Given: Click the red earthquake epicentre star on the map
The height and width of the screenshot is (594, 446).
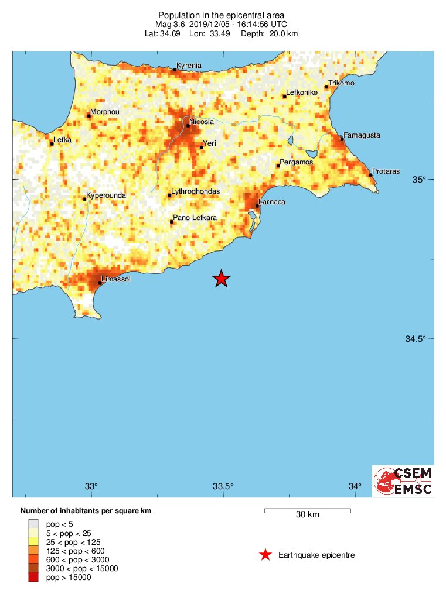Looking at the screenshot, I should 221,279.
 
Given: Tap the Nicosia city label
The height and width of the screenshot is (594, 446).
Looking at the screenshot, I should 202,122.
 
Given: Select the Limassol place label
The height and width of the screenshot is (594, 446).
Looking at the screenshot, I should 115,279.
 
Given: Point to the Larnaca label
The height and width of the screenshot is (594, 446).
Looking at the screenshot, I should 272,202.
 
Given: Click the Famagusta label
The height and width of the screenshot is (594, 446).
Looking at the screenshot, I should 362,135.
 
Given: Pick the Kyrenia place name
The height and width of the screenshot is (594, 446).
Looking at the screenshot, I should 189,66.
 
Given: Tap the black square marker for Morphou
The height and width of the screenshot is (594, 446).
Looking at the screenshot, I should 88,116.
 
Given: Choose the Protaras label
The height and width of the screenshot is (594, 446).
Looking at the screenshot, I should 386,171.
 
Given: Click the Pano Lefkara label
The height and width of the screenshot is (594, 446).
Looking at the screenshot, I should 195,218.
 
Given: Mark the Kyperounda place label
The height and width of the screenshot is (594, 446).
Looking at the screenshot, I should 106,195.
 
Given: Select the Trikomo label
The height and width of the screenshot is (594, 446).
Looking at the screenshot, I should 341,83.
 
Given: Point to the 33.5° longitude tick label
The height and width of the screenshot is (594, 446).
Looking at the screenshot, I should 223,486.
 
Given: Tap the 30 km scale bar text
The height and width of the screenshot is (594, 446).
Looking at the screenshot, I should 307,515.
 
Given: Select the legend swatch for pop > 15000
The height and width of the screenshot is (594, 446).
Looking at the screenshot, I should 34,578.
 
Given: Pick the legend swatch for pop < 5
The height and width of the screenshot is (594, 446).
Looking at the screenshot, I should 34,524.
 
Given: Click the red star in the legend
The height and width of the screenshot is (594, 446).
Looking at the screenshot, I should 265,555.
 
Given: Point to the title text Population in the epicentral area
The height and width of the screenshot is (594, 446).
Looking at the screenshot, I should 223,15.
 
